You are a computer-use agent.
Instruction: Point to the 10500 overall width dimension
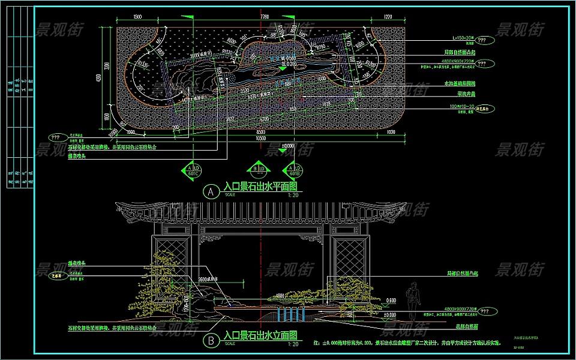pyautogui.click(x=260, y=137)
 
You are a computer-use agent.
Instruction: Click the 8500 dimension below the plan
pyautogui.click(x=260, y=131)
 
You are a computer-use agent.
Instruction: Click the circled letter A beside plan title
pyautogui.click(x=210, y=192)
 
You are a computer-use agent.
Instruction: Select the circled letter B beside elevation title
pyautogui.click(x=210, y=341)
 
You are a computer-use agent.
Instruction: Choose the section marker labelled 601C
pyautogui.click(x=194, y=170)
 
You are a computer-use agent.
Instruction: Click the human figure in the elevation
pyautogui.click(x=412, y=301)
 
